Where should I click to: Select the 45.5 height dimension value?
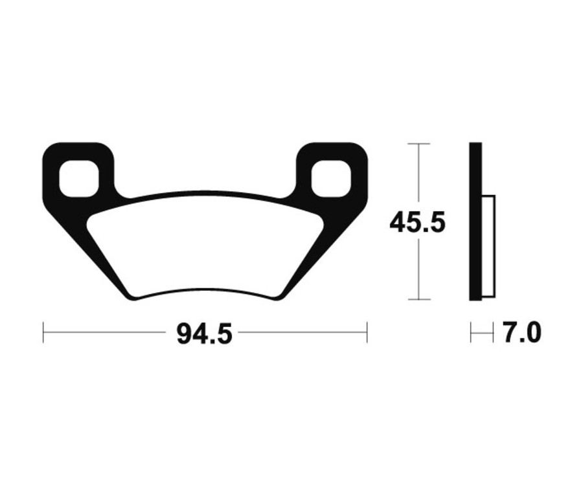(418, 223)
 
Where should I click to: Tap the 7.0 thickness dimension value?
(521, 334)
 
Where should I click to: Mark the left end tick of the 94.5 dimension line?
(43, 332)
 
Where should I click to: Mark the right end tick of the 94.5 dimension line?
(367, 332)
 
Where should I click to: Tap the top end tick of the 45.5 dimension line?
(419, 143)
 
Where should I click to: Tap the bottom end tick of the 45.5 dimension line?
(419, 299)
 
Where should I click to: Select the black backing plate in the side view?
(475, 220)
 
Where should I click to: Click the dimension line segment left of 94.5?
(104, 332)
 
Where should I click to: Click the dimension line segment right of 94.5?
(301, 332)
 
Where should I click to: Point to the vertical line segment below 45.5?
(419, 269)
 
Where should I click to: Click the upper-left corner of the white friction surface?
(90, 217)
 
